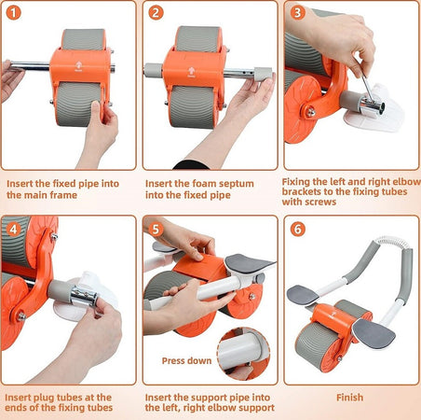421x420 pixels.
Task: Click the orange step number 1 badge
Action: pyautogui.click(x=13, y=13)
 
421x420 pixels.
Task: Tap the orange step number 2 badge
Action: pyautogui.click(x=156, y=13)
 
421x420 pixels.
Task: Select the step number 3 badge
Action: pyautogui.click(x=298, y=13)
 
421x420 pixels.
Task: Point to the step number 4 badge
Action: pyautogui.click(x=13, y=230)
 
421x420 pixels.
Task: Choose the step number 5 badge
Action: pyautogui.click(x=156, y=230)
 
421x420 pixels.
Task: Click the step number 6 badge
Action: pyautogui.click(x=298, y=230)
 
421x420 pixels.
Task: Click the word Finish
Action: pyautogui.click(x=349, y=398)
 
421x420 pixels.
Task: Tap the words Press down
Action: pyautogui.click(x=186, y=360)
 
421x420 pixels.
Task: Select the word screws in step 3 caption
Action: pyautogui.click(x=321, y=202)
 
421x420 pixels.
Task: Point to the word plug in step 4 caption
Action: pyautogui.click(x=43, y=398)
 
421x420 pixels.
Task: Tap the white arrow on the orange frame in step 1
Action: pyautogui.click(x=79, y=65)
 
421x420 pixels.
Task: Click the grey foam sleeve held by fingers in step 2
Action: pyautogui.click(x=263, y=74)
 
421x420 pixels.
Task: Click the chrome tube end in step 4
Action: pyautogui.click(x=84, y=296)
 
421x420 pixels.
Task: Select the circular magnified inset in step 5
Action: pyautogui.click(x=243, y=354)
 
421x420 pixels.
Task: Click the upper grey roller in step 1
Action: pyautogui.click(x=84, y=39)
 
